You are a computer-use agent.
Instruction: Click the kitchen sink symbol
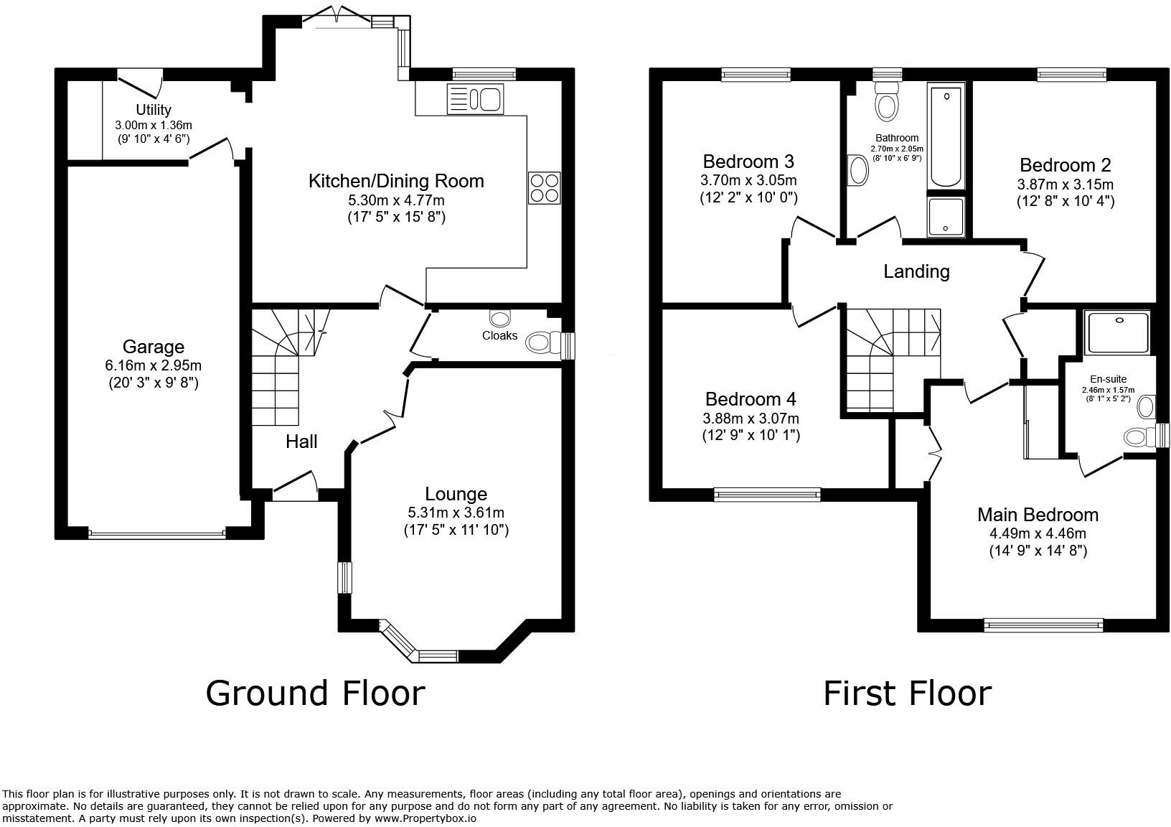click(x=476, y=98)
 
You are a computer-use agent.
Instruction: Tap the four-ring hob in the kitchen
click(x=544, y=187)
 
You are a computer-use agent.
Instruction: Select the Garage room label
click(x=153, y=347)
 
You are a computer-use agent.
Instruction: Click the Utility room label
click(x=154, y=110)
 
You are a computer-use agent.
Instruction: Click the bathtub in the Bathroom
click(x=946, y=136)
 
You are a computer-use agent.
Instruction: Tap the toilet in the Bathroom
click(x=887, y=101)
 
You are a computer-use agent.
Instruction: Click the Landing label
click(x=916, y=271)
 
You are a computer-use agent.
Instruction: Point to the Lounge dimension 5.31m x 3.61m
click(x=456, y=513)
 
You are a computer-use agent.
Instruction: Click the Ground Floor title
click(x=315, y=693)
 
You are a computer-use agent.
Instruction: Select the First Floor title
click(x=907, y=693)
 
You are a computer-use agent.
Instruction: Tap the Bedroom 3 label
click(x=748, y=161)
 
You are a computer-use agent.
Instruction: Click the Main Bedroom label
click(x=1038, y=515)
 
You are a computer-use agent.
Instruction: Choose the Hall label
click(x=301, y=441)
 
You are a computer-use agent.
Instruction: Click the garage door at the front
click(x=156, y=533)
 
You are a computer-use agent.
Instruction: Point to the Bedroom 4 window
click(x=767, y=493)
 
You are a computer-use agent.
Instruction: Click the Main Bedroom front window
click(x=1043, y=625)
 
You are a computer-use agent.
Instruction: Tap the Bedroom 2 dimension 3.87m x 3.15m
click(x=1065, y=184)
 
